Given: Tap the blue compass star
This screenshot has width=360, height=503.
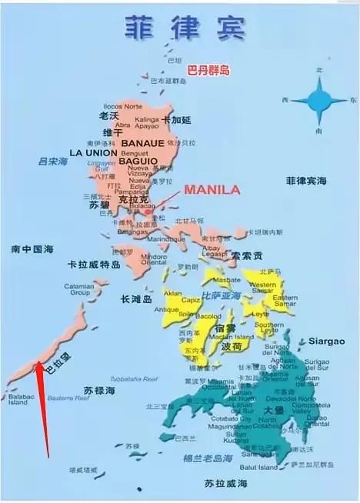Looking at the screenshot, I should tap(318, 102).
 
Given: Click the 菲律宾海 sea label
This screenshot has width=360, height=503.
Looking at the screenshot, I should tap(306, 181).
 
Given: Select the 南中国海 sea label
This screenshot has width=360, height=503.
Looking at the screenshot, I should tap(32, 249).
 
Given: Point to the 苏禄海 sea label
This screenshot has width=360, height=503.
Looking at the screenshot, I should tap(99, 391).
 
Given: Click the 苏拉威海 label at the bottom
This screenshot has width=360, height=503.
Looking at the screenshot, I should tap(225, 482).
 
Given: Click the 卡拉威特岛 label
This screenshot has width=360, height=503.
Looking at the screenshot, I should tap(94, 264).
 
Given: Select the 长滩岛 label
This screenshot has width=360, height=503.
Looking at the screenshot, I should tap(135, 299).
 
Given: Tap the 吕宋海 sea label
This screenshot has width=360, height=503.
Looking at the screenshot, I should tap(53, 162).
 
